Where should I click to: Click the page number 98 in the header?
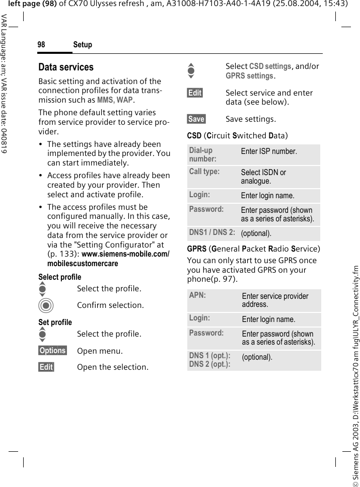[x=41, y=45]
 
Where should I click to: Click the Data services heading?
[x=66, y=67]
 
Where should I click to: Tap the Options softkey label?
[x=53, y=350]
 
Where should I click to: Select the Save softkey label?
[x=196, y=119]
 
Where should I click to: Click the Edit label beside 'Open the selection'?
[x=46, y=367]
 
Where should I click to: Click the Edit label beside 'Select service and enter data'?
[x=195, y=93]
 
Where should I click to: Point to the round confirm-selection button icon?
[x=46, y=305]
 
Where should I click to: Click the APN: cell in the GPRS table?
[x=197, y=295]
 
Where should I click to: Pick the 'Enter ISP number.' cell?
[x=269, y=151]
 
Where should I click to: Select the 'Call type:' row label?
[x=204, y=172]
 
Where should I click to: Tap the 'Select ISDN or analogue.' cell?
[x=264, y=177]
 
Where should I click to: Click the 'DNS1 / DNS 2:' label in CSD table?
[x=212, y=232]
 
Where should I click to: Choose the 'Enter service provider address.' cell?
[x=275, y=300]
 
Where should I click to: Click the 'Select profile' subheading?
[x=60, y=277]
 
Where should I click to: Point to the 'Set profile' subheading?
[x=55, y=322]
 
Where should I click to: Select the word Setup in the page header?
[x=83, y=45]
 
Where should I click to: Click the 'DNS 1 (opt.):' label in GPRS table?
[x=210, y=356]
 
